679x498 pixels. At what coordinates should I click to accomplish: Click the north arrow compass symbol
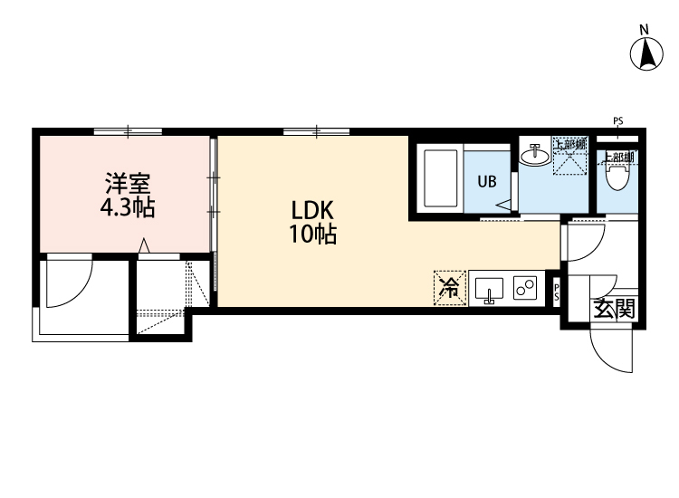646,54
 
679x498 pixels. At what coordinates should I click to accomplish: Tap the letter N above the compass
645,30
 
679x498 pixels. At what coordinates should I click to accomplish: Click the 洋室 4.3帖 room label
128,196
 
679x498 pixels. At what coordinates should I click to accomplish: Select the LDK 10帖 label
312,223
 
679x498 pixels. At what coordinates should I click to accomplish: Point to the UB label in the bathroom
487,181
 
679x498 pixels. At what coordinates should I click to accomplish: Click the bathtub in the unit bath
440,178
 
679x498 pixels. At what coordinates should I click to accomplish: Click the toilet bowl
617,178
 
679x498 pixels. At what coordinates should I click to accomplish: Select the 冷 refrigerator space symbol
450,288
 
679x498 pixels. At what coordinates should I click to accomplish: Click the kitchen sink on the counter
489,289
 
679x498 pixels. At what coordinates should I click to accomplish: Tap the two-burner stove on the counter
525,288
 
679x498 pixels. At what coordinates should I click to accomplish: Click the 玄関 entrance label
615,309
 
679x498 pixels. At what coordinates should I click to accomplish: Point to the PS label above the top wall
618,121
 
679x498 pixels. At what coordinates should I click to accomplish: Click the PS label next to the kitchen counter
557,292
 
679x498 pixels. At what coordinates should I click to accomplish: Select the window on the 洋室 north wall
128,131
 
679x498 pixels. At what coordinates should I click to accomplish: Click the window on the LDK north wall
317,131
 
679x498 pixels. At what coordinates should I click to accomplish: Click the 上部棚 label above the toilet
619,157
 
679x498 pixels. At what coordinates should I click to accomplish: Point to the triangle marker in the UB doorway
503,205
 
